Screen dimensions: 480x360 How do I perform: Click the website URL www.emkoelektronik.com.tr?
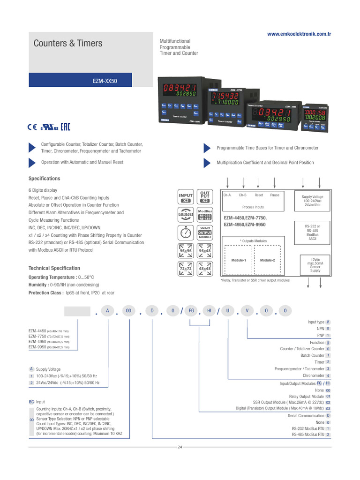tap(299, 34)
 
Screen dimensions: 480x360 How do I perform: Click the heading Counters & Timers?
tap(67, 44)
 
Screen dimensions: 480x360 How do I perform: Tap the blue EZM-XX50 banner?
tap(105, 81)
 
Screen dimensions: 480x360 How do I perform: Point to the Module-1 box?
tap(239, 260)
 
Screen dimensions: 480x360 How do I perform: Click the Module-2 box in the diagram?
tap(267, 260)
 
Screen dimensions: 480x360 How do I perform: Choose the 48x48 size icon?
tap(205, 269)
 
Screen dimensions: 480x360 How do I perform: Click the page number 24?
tap(180, 447)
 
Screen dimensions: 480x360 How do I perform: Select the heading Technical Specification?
tap(54, 268)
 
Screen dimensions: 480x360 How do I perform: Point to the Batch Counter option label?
tap(312, 355)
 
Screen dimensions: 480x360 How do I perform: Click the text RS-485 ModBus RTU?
tap(308, 435)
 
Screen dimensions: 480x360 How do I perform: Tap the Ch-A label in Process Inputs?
tap(227, 195)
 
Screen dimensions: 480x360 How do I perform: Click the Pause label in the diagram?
tap(275, 195)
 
